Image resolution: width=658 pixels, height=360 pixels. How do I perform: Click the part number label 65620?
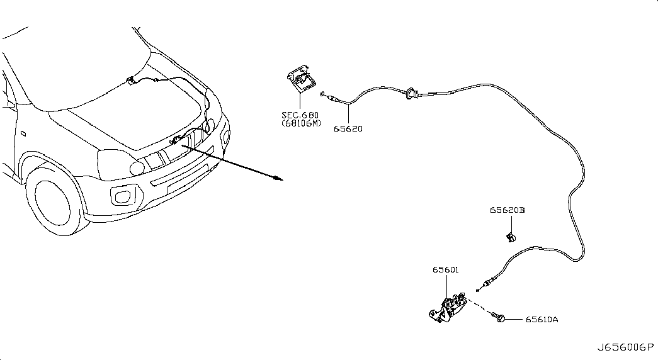(348, 129)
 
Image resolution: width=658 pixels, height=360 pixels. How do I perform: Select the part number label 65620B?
(508, 210)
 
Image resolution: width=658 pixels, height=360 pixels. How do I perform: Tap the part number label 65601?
(445, 270)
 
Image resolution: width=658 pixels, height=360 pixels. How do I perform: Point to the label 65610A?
(542, 320)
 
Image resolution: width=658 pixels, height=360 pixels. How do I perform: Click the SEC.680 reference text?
(300, 115)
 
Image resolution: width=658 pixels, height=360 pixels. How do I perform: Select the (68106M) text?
(301, 123)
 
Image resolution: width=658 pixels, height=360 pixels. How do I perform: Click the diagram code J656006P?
(626, 347)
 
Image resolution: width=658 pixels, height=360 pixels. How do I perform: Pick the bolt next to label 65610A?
(501, 319)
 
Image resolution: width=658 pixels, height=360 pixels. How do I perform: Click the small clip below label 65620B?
(511, 237)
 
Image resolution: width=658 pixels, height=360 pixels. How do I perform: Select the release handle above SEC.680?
(300, 81)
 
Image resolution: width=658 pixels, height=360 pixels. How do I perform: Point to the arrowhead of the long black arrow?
(280, 178)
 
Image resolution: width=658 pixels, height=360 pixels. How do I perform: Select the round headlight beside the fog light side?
(137, 167)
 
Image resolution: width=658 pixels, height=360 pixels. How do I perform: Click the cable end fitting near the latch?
(487, 283)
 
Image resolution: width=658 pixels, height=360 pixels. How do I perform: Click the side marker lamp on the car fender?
(22, 133)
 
